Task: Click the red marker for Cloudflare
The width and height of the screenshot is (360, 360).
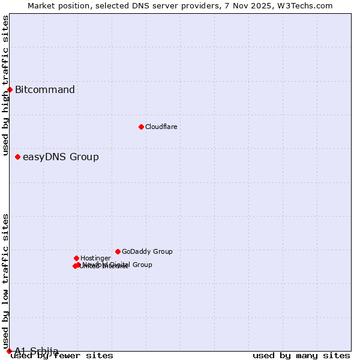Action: tap(141, 127)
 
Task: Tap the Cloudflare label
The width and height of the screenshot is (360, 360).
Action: tap(161, 127)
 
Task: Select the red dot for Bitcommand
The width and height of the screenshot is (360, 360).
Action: tap(10, 89)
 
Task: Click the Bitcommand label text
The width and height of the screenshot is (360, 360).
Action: tap(45, 90)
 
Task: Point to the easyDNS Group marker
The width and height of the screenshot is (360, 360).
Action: tap(17, 157)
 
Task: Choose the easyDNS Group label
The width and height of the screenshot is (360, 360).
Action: tap(61, 157)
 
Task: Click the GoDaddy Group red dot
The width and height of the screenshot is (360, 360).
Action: tap(118, 251)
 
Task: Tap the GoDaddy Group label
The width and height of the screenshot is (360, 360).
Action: tap(147, 251)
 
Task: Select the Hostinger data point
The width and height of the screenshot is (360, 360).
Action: tap(76, 258)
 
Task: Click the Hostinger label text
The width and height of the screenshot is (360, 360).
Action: tap(95, 258)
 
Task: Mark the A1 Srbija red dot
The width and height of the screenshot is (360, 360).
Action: tap(9, 351)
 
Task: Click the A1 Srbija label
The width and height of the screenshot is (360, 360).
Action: tap(37, 351)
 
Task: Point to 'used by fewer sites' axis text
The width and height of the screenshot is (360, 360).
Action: tap(62, 356)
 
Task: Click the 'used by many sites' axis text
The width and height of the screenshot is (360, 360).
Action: tap(301, 356)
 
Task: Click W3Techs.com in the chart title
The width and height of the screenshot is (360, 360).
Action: tap(308, 5)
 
